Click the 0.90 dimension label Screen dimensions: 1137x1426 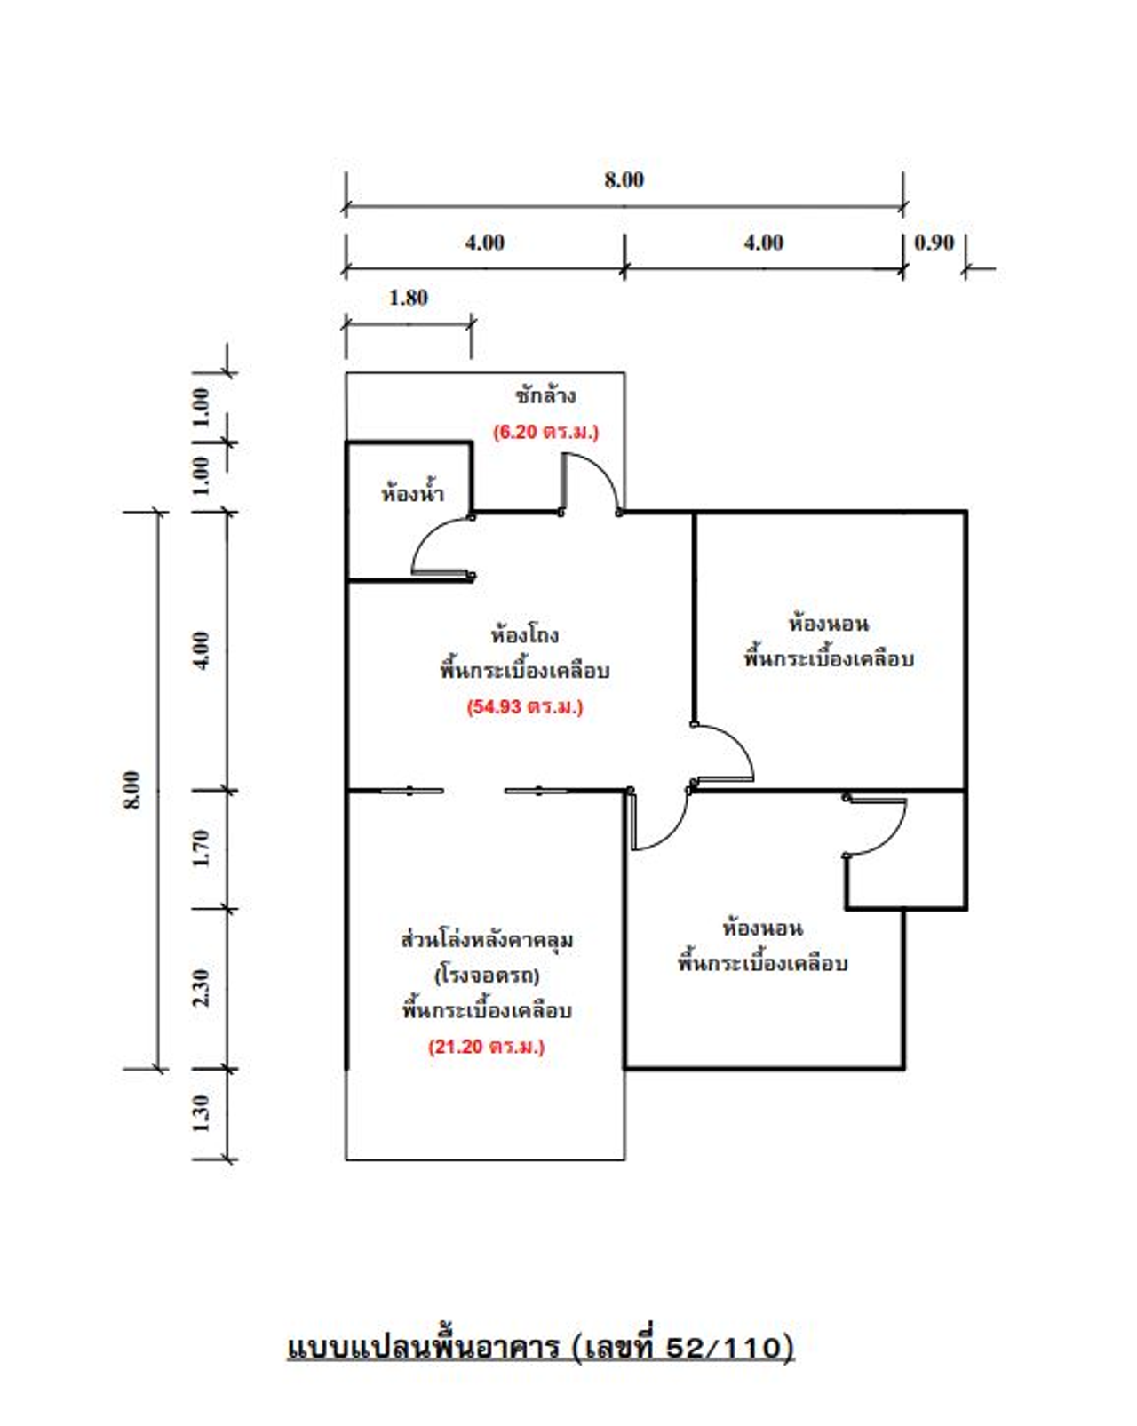pos(934,243)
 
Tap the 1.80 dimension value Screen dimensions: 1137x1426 pos(408,298)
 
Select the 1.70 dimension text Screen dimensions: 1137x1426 pos(203,848)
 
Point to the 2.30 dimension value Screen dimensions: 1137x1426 pos(203,987)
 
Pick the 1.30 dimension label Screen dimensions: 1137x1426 pos(203,1113)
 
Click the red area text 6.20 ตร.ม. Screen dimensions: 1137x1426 pos(545,432)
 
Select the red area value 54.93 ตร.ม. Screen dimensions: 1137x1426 pos(525,707)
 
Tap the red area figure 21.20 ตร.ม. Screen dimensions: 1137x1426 pos(487,1047)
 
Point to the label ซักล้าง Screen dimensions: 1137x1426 pos(545,395)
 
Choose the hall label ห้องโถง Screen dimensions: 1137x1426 pos(525,634)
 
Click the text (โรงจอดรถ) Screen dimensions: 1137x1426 pos(487,976)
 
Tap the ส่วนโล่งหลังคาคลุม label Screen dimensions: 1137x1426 pos(487,940)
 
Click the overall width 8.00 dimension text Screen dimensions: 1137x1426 pos(624,179)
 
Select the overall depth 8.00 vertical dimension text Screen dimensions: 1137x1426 pos(132,790)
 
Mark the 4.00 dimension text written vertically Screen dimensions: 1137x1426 pos(203,650)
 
